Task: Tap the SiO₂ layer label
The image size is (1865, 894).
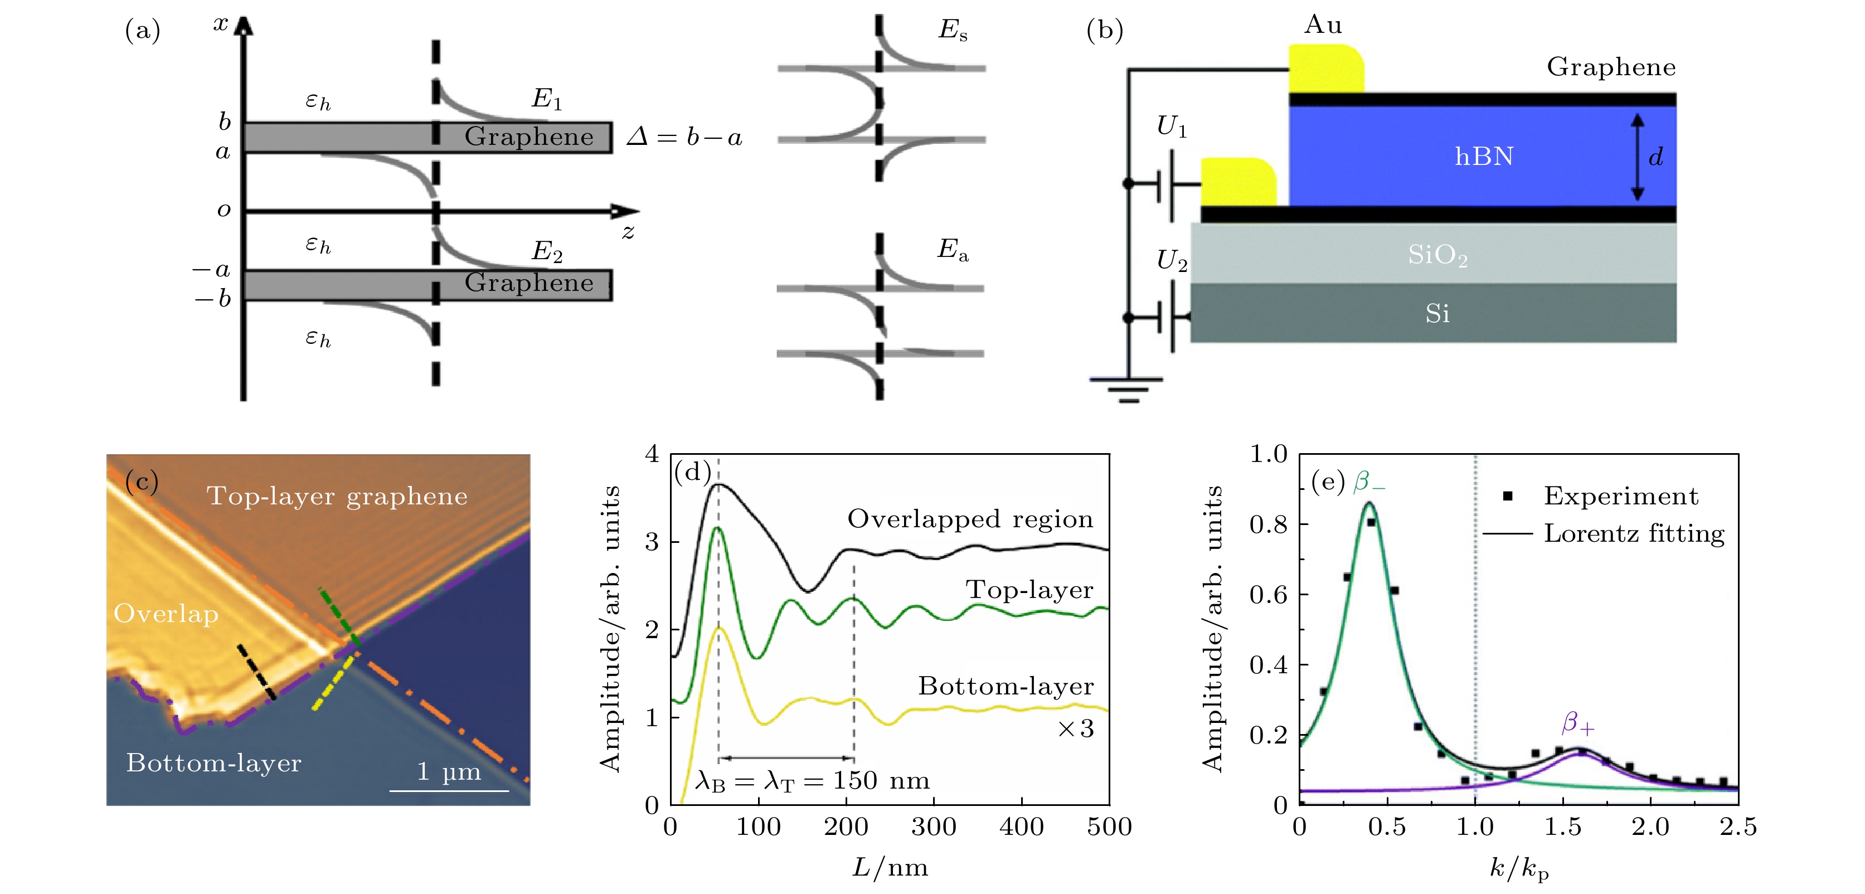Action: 1437,255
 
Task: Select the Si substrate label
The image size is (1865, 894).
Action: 1437,313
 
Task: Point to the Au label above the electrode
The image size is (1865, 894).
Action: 1323,25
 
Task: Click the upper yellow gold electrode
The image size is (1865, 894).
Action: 1325,69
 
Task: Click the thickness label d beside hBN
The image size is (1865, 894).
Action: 1656,157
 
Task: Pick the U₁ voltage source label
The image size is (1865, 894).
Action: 1172,127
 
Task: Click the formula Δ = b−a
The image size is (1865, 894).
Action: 684,137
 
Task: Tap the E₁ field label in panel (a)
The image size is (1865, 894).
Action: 547,99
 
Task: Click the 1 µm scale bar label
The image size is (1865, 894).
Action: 449,772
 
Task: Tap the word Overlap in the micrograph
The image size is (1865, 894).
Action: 166,614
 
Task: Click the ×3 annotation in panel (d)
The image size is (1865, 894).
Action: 1076,728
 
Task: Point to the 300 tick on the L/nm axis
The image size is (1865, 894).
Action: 934,827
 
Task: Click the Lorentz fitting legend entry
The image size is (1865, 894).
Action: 1633,533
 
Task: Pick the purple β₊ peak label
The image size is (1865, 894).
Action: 1577,722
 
